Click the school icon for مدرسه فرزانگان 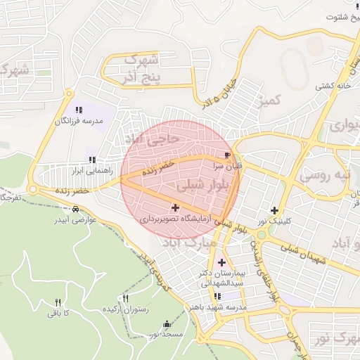click(x=79, y=110)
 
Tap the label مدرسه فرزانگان click(x=80, y=121)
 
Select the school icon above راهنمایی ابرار click(x=92, y=160)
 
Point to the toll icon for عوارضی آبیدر click(x=75, y=209)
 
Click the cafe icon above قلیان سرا click(x=226, y=155)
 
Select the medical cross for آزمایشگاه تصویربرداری click(x=175, y=208)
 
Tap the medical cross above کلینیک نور click(x=274, y=210)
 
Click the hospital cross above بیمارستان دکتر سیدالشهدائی click(x=222, y=262)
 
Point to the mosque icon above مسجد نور click(x=167, y=324)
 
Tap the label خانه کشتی click(x=334, y=85)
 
